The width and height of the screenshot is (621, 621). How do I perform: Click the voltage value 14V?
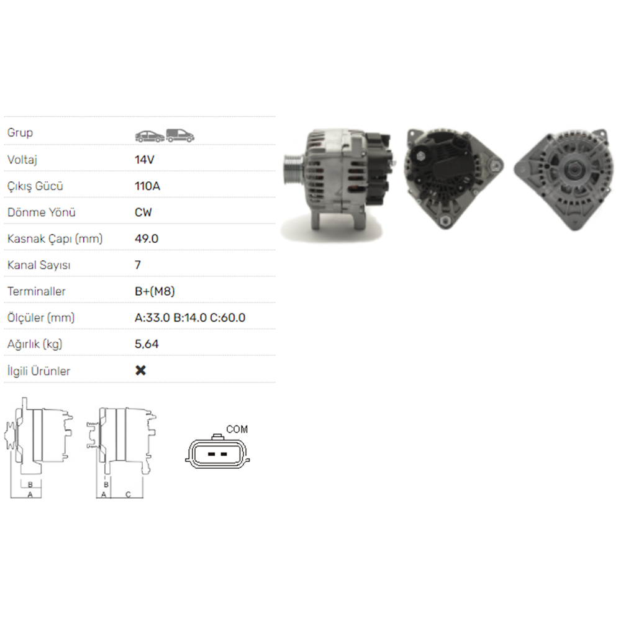(144, 160)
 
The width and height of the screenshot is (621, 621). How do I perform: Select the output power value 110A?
(147, 186)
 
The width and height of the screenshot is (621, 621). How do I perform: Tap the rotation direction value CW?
(143, 212)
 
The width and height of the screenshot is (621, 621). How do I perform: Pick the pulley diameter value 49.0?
(146, 239)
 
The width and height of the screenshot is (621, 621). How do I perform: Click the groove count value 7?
(138, 265)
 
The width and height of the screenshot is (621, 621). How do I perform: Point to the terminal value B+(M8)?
(155, 291)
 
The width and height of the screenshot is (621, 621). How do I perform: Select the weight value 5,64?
(147, 344)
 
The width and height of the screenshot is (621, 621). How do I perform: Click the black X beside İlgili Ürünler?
(140, 370)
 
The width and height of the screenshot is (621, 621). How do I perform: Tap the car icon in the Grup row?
(150, 136)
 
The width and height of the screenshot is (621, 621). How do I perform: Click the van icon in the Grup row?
(180, 135)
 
